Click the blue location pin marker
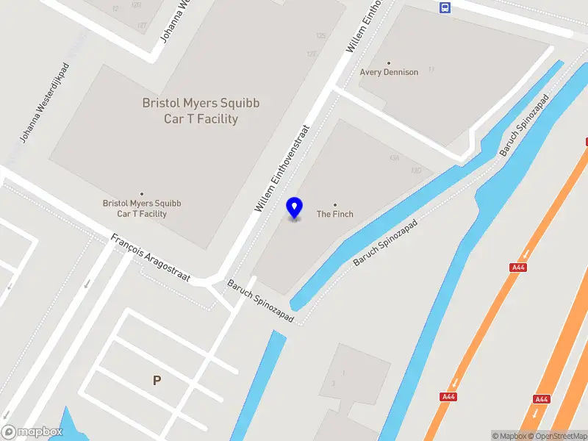pyautogui.click(x=294, y=208)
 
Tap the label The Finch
pyautogui.click(x=335, y=215)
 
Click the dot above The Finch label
pyautogui.click(x=335, y=204)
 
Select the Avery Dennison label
pyautogui.click(x=389, y=73)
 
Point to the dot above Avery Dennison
pyautogui.click(x=389, y=63)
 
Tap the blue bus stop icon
pyautogui.click(x=445, y=7)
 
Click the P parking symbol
pyautogui.click(x=156, y=380)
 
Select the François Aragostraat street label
pyautogui.click(x=151, y=259)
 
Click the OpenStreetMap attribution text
pyautogui.click(x=556, y=436)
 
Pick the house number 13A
pyautogui.click(x=395, y=158)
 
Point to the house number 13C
pyautogui.click(x=417, y=171)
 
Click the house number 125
pyautogui.click(x=320, y=35)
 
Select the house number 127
pyautogui.click(x=312, y=54)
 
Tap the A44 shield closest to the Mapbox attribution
pyautogui.click(x=542, y=399)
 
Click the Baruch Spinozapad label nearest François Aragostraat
pyautogui.click(x=261, y=302)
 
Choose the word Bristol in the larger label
pyautogui.click(x=162, y=104)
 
